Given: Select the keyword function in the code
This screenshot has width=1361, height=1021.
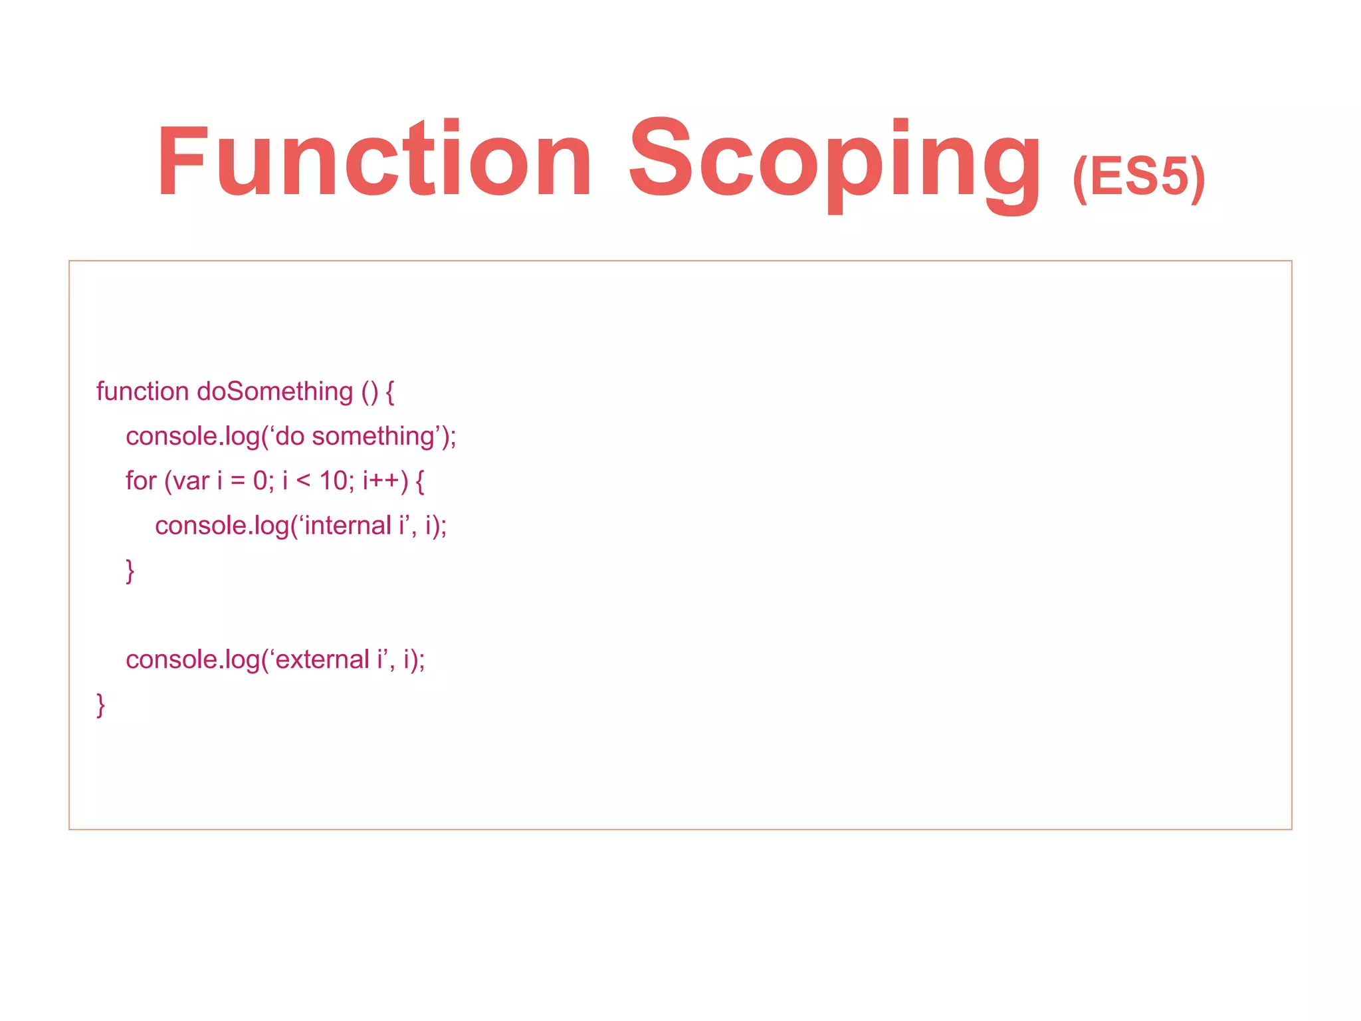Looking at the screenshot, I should [x=142, y=392].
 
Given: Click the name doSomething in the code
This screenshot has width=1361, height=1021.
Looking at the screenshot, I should [x=274, y=392].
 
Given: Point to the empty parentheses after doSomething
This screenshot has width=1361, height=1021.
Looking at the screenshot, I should [x=369, y=392].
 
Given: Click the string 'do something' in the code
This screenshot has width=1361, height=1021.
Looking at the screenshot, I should [x=356, y=437].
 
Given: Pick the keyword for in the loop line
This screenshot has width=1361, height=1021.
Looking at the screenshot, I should [x=141, y=481].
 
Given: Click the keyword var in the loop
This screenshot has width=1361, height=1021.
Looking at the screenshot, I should [x=191, y=481].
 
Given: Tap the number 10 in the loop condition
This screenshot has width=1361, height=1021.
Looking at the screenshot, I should [x=333, y=481].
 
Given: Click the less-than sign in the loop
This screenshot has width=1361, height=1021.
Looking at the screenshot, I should [x=303, y=481].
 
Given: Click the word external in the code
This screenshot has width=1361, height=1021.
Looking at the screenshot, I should [x=322, y=659].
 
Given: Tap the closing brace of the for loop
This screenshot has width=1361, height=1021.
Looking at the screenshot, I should [x=130, y=570].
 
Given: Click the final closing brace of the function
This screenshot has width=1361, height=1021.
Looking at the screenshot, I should [x=101, y=705].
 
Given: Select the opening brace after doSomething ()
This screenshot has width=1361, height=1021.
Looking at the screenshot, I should [x=390, y=392].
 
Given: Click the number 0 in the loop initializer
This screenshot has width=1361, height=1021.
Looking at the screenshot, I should [x=261, y=481].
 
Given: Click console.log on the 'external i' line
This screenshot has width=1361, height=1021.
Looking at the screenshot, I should [x=193, y=660].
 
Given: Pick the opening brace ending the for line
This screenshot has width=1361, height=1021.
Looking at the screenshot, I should [x=420, y=481].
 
